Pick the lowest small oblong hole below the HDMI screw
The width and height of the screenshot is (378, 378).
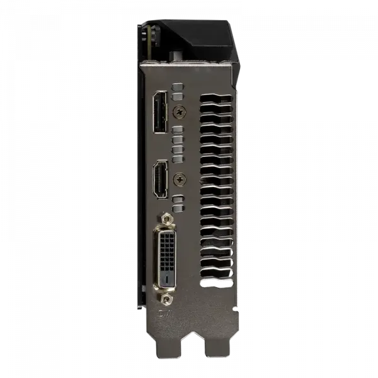[178, 203]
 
